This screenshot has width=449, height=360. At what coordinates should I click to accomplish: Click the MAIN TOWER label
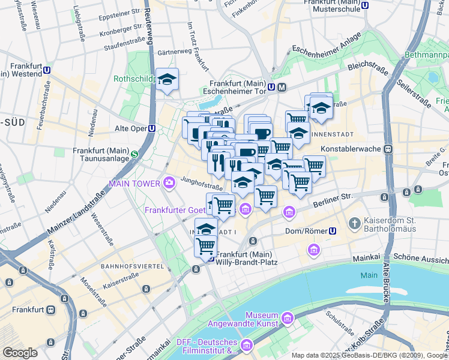click(x=133, y=182)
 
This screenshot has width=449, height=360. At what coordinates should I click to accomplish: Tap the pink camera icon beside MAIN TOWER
click(x=169, y=182)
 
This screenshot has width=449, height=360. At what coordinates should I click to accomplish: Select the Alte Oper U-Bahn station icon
click(x=152, y=128)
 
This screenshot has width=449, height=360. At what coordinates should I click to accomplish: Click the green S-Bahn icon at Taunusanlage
click(x=134, y=154)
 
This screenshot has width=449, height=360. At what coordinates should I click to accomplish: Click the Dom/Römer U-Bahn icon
click(x=333, y=231)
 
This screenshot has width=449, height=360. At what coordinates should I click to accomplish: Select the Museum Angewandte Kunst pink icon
click(x=287, y=316)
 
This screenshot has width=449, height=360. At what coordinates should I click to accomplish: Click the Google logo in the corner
click(x=20, y=353)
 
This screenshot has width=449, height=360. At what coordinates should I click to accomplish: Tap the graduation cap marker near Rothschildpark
click(x=167, y=79)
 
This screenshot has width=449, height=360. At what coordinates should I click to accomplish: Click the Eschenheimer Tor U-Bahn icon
click(x=271, y=88)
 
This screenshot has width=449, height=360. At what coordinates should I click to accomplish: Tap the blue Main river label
click(x=369, y=275)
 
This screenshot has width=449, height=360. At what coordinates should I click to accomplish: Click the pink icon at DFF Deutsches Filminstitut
click(x=246, y=346)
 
